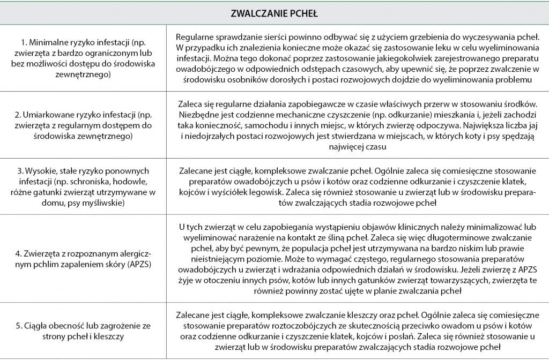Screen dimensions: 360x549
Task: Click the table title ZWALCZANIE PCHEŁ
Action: [x=274, y=13]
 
